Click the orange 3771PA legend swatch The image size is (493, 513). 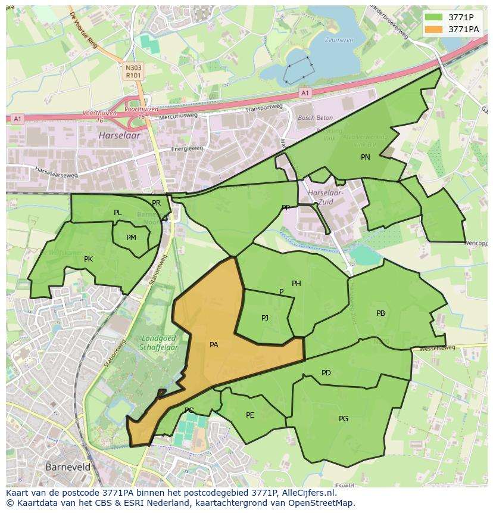435,29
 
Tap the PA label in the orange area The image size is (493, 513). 214,344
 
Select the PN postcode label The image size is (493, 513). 366,157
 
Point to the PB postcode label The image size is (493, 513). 380,313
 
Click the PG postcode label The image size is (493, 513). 344,419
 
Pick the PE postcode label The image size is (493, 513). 250,415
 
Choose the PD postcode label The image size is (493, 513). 326,373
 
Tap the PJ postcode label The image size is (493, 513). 265,318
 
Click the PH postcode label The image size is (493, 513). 296,284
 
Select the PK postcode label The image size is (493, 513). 88,259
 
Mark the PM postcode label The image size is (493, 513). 131,238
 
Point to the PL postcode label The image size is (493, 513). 117,213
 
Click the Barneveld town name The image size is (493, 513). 68,467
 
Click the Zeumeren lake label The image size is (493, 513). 339,40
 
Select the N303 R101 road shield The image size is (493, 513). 133,72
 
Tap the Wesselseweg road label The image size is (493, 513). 437,347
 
